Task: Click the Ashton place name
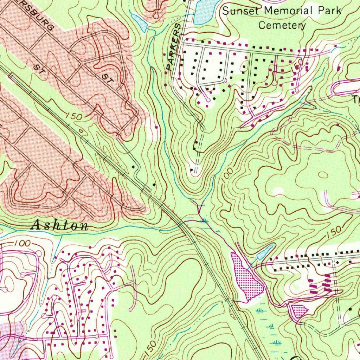pos(60,225)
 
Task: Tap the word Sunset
pos(240,11)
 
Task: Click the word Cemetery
pos(282,25)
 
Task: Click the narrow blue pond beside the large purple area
pos(266,252)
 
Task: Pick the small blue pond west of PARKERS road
pos(140,23)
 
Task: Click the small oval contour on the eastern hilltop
pos(322,174)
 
